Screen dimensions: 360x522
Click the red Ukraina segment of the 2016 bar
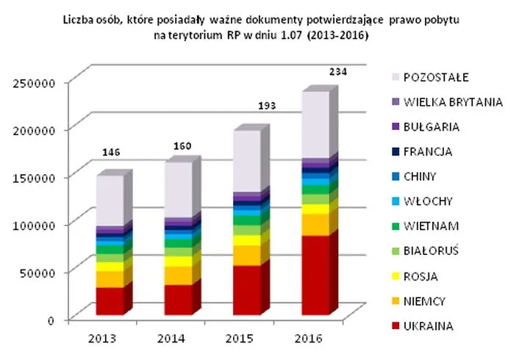pyautogui.click(x=316, y=276)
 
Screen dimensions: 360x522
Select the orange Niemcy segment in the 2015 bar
pyautogui.click(x=247, y=254)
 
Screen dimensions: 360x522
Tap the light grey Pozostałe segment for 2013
pyautogui.click(x=110, y=200)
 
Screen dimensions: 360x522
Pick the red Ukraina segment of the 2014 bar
pyautogui.click(x=179, y=300)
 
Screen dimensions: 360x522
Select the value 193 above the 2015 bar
pyautogui.click(x=270, y=106)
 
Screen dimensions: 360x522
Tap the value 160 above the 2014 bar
pyautogui.click(x=181, y=146)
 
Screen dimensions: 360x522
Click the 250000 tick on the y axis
pyautogui.click(x=35, y=82)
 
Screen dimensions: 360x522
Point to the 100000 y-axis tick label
pyautogui.click(x=35, y=224)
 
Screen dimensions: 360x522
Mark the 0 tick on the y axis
pyautogui.click(x=51, y=320)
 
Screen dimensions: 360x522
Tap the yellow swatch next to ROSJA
pyautogui.click(x=396, y=276)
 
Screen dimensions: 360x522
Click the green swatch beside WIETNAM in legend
pyautogui.click(x=396, y=226)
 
